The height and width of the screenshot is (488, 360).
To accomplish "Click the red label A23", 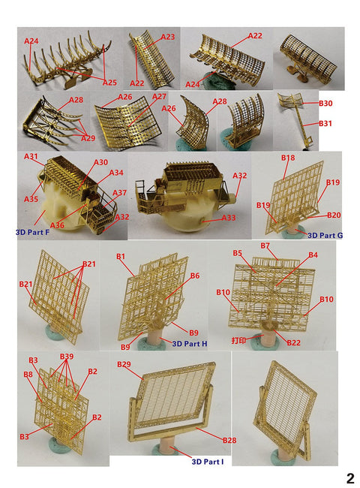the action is point(168,37).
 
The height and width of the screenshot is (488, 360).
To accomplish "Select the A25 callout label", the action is point(109,83).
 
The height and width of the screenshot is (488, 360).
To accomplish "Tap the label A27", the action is point(159,97).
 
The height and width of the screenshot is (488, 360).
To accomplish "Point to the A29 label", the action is point(88,138).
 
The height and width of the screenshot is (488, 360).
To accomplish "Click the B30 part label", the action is point(325,104).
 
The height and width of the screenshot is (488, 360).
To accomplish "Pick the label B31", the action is point(325,124).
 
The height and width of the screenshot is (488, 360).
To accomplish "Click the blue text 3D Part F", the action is point(33,232).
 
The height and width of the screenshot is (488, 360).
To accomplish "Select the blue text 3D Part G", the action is point(325,235).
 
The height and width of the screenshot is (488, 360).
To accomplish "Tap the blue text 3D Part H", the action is point(190,344).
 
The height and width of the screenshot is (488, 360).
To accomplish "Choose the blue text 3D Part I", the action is point(207,462).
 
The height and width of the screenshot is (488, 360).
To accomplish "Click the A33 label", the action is point(229,218).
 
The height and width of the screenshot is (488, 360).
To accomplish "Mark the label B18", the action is point(288,158).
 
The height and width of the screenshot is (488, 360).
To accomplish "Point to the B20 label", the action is point(334,215).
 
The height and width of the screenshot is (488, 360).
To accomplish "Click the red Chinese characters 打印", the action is point(238,340).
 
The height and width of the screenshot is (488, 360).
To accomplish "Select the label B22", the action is point(294,342).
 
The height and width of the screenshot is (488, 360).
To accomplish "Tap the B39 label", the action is point(67,357).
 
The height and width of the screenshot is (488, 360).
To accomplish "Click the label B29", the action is point(124,364).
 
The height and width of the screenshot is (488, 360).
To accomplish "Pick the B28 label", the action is point(229,441).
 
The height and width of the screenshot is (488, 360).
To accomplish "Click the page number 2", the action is point(350,478).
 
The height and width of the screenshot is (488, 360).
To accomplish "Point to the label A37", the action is point(120,193).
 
